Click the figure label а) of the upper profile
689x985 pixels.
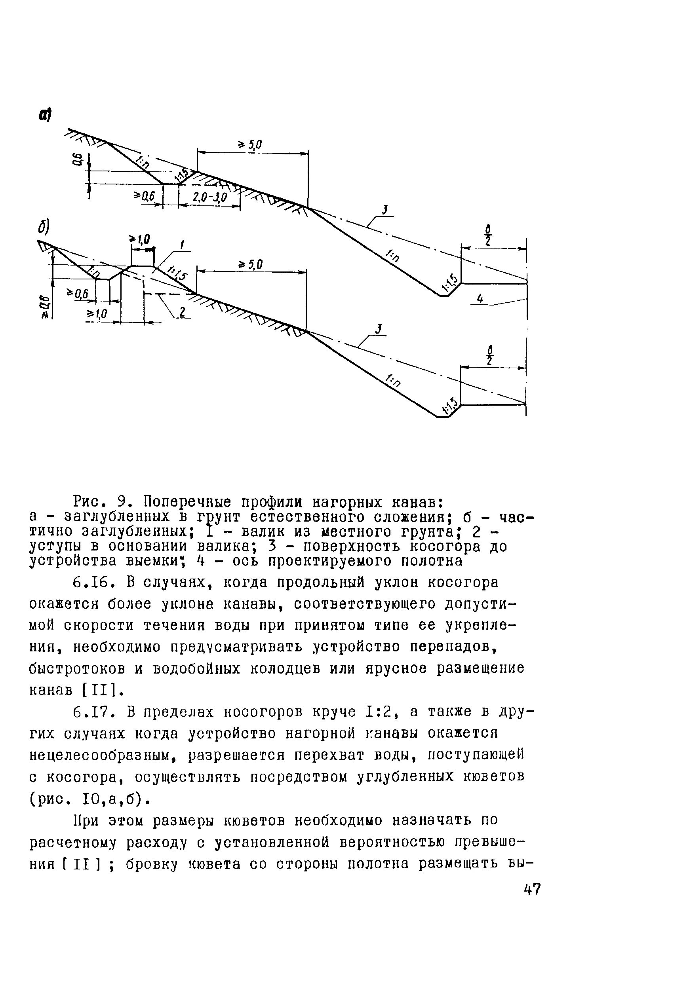click(45, 115)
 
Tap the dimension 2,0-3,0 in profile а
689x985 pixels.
click(209, 197)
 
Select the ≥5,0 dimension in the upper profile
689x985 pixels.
click(250, 145)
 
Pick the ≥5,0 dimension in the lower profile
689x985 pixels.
click(250, 265)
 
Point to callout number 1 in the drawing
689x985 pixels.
click(183, 245)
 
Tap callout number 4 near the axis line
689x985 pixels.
click(480, 298)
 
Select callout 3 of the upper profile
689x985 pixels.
click(384, 210)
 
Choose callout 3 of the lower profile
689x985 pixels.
click(378, 329)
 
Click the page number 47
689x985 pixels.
click(532, 888)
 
